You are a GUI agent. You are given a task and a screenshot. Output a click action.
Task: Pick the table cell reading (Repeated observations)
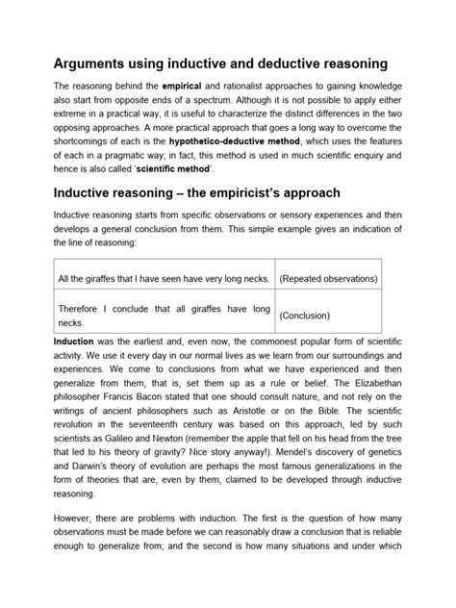tap(327, 278)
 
